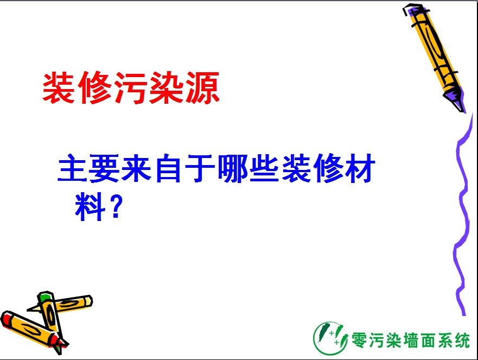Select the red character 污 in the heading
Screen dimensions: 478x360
[131, 87]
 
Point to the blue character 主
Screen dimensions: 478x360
[73, 168]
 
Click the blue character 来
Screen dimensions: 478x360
[136, 168]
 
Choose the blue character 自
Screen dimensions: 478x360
[168, 168]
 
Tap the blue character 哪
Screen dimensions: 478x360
[232, 168]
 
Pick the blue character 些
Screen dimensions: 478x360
[264, 168]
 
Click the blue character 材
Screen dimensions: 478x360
[360, 168]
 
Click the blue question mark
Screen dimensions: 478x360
[117, 206]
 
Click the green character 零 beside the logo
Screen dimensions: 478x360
[359, 340]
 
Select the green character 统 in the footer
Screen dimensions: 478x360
[462, 340]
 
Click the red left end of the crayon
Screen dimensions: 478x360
[5, 319]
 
